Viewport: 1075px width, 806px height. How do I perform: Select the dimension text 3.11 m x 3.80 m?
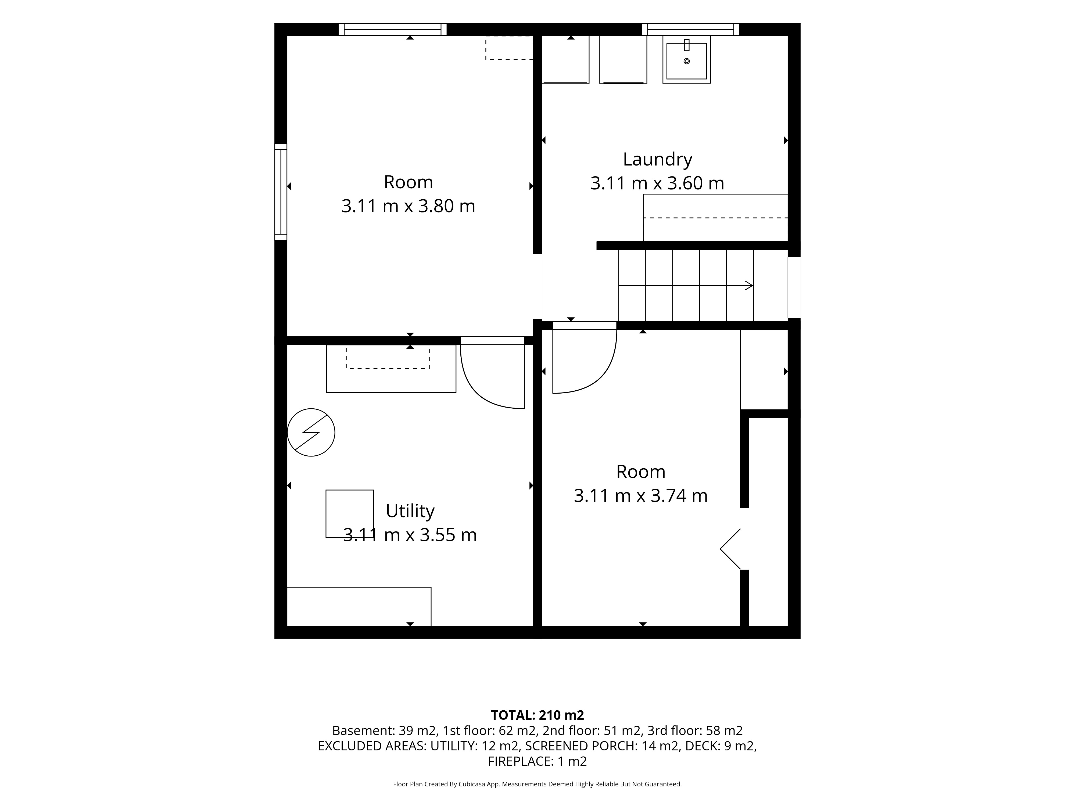408,206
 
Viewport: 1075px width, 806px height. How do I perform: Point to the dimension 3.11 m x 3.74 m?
640,495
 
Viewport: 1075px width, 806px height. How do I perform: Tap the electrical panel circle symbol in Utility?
311,432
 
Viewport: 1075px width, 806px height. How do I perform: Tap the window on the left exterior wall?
281,192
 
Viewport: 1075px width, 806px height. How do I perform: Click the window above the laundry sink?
691,30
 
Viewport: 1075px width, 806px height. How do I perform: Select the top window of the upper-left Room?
393,30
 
